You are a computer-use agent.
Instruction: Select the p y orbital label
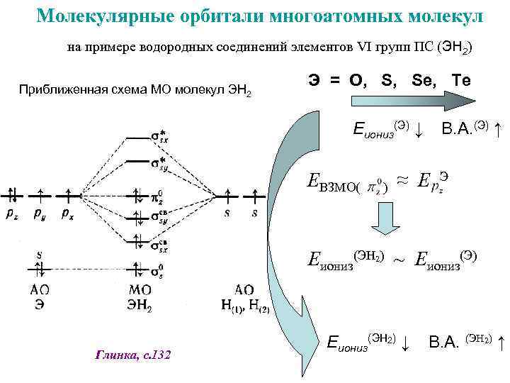(40, 212)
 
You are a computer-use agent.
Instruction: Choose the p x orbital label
(69, 212)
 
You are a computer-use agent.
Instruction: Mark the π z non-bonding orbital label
(159, 194)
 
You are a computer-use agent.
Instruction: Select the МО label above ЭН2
(140, 289)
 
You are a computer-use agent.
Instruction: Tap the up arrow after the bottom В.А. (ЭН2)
(501, 344)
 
